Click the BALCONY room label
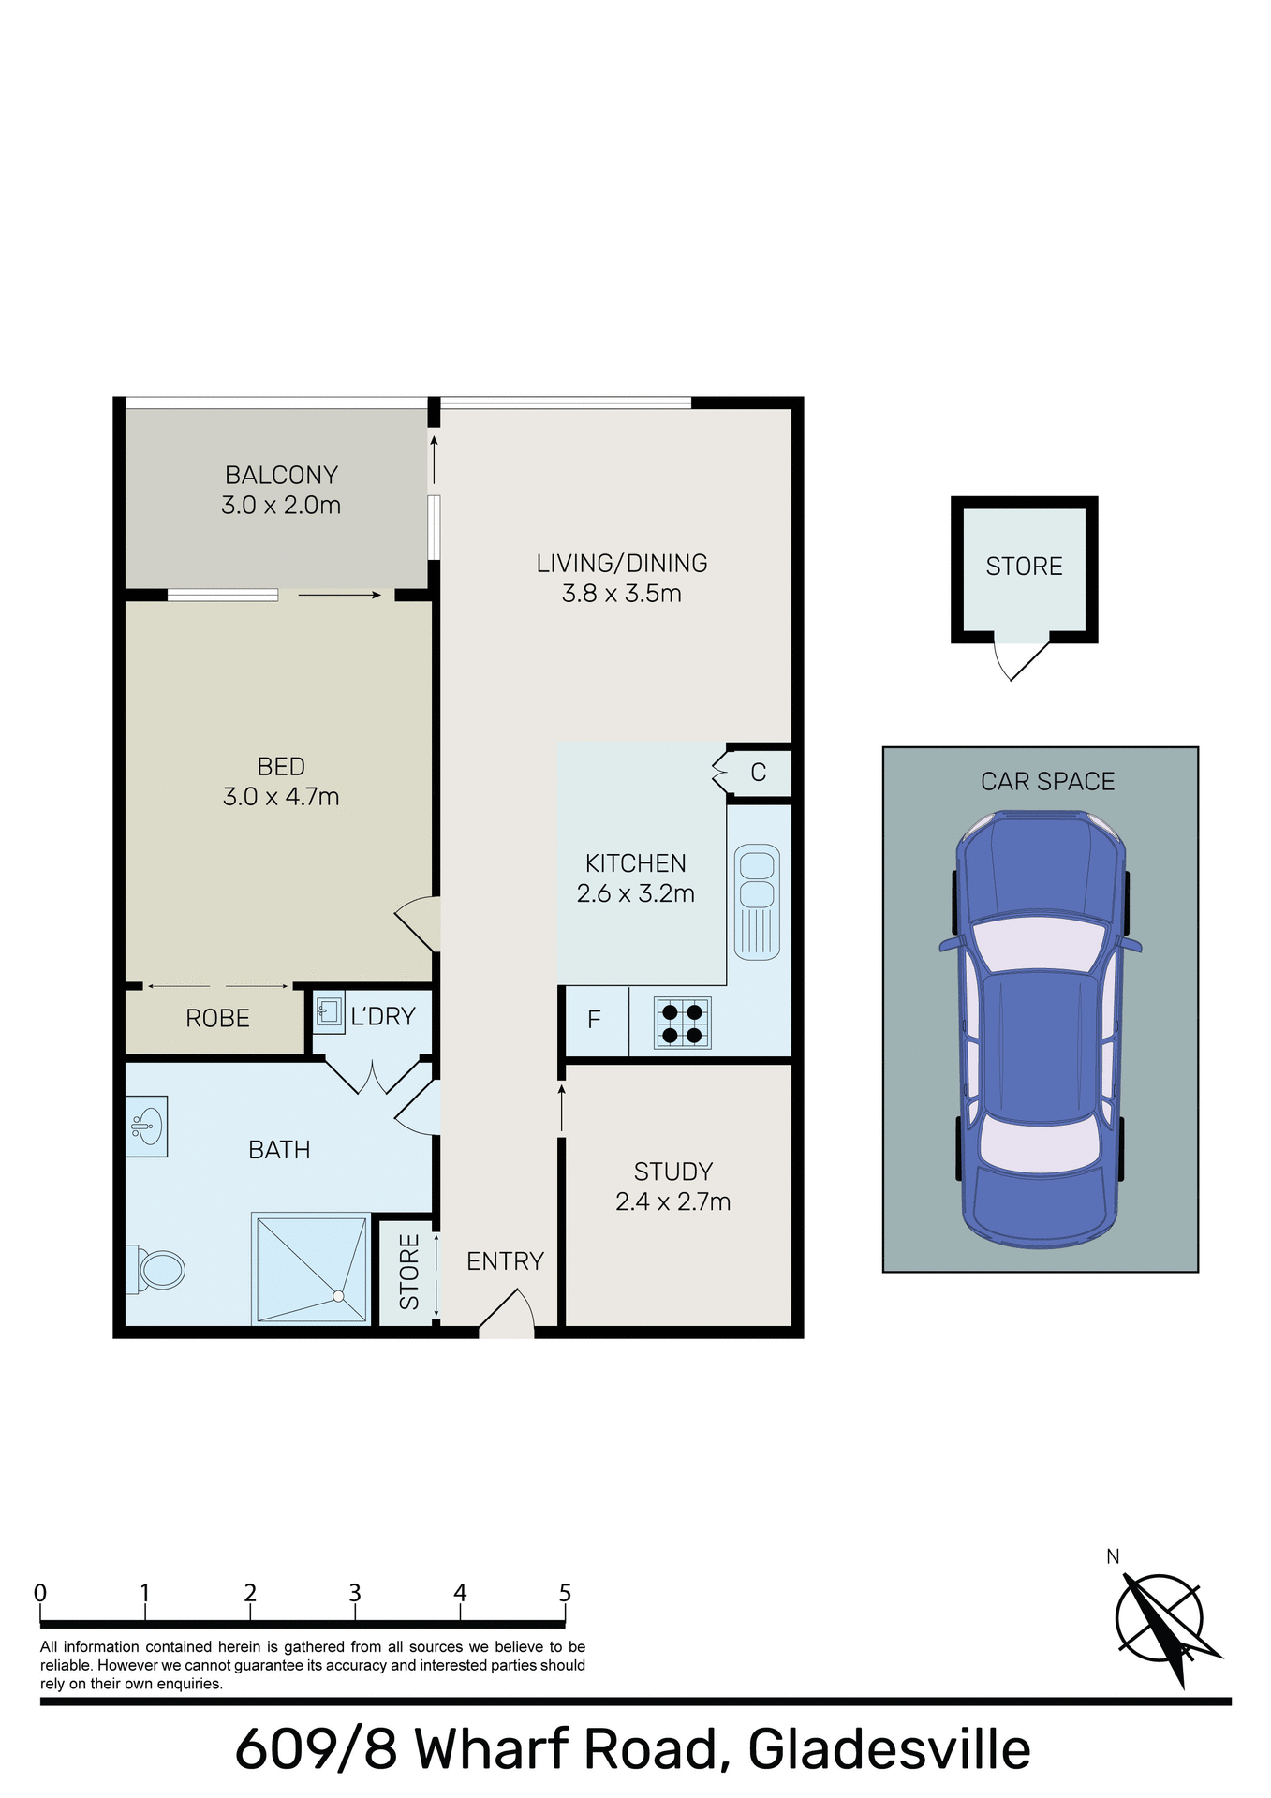(x=281, y=475)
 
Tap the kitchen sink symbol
(x=757, y=901)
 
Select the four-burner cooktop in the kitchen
(x=682, y=1023)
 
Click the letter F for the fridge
(x=594, y=1020)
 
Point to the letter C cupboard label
(x=759, y=773)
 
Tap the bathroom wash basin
(x=146, y=1126)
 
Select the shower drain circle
(x=338, y=1297)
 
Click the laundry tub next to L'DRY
(x=329, y=1011)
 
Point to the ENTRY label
(x=505, y=1261)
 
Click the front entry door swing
(x=508, y=1313)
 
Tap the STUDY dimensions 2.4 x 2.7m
(x=672, y=1201)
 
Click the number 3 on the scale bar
(x=355, y=1593)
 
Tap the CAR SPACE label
(x=1047, y=781)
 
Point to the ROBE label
(x=217, y=1019)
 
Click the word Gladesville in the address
(x=889, y=1749)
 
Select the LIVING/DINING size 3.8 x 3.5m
(x=621, y=594)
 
